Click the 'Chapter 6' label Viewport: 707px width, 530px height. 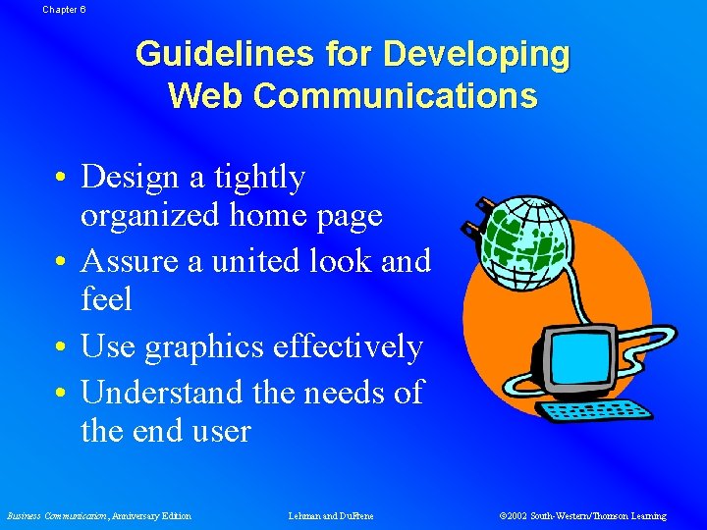pos(64,8)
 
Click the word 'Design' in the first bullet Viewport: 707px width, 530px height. pos(125,177)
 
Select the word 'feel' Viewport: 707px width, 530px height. pos(106,299)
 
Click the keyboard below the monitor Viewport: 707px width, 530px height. pos(600,411)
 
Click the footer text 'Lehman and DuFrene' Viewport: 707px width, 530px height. pos(331,516)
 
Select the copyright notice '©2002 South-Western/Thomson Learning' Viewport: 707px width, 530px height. pos(582,516)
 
